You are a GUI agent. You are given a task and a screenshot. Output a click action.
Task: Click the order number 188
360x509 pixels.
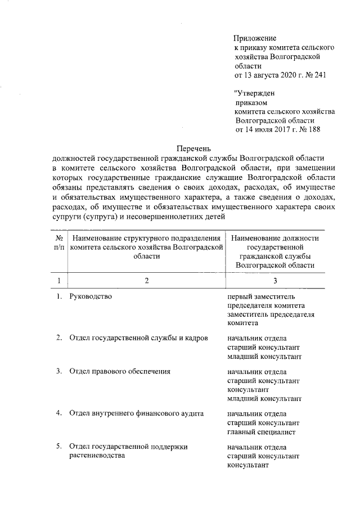313,129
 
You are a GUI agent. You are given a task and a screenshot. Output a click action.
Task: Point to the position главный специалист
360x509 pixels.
261,432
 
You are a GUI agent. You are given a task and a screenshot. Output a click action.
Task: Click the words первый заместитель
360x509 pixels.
260,296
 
